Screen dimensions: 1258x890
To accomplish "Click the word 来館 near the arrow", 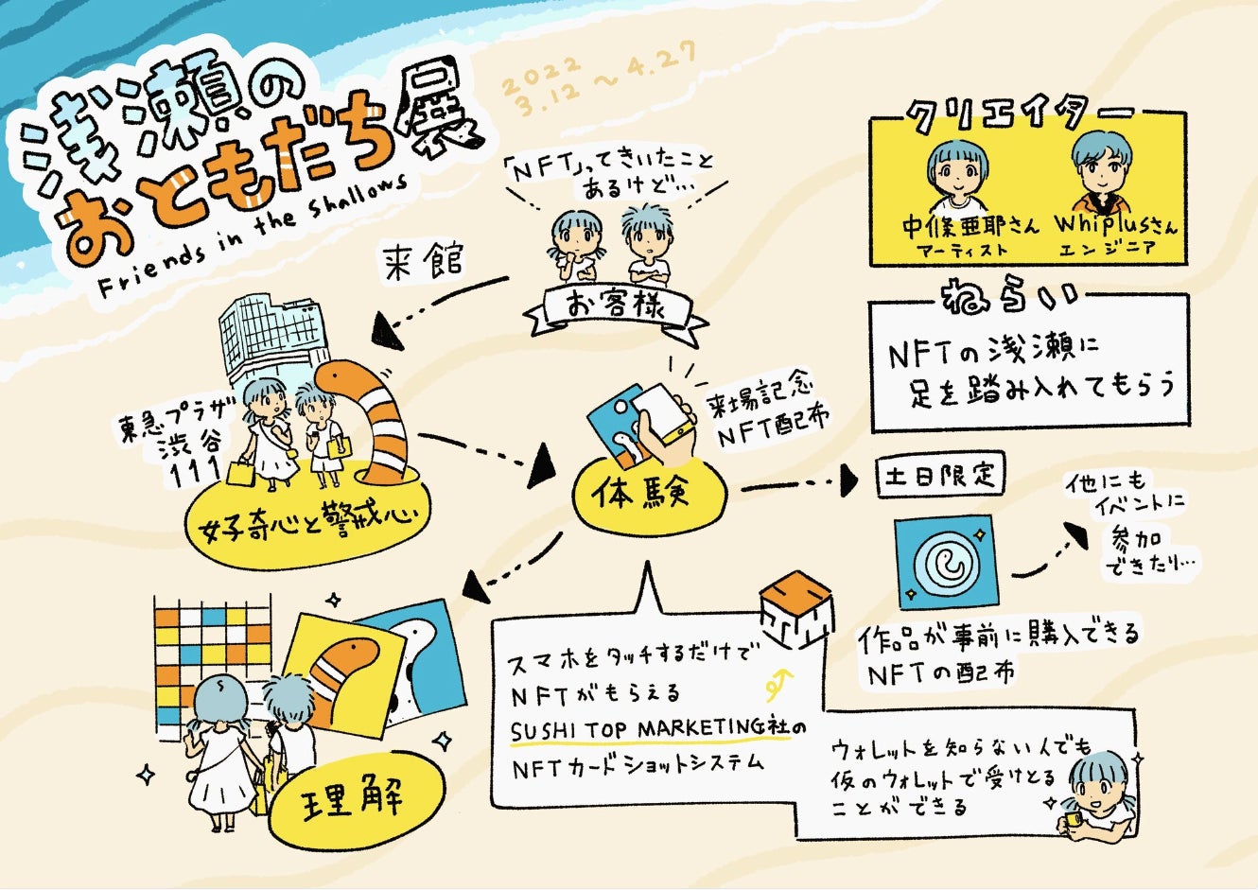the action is tap(424, 258).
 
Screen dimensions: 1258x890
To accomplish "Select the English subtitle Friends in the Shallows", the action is tap(255, 236).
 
